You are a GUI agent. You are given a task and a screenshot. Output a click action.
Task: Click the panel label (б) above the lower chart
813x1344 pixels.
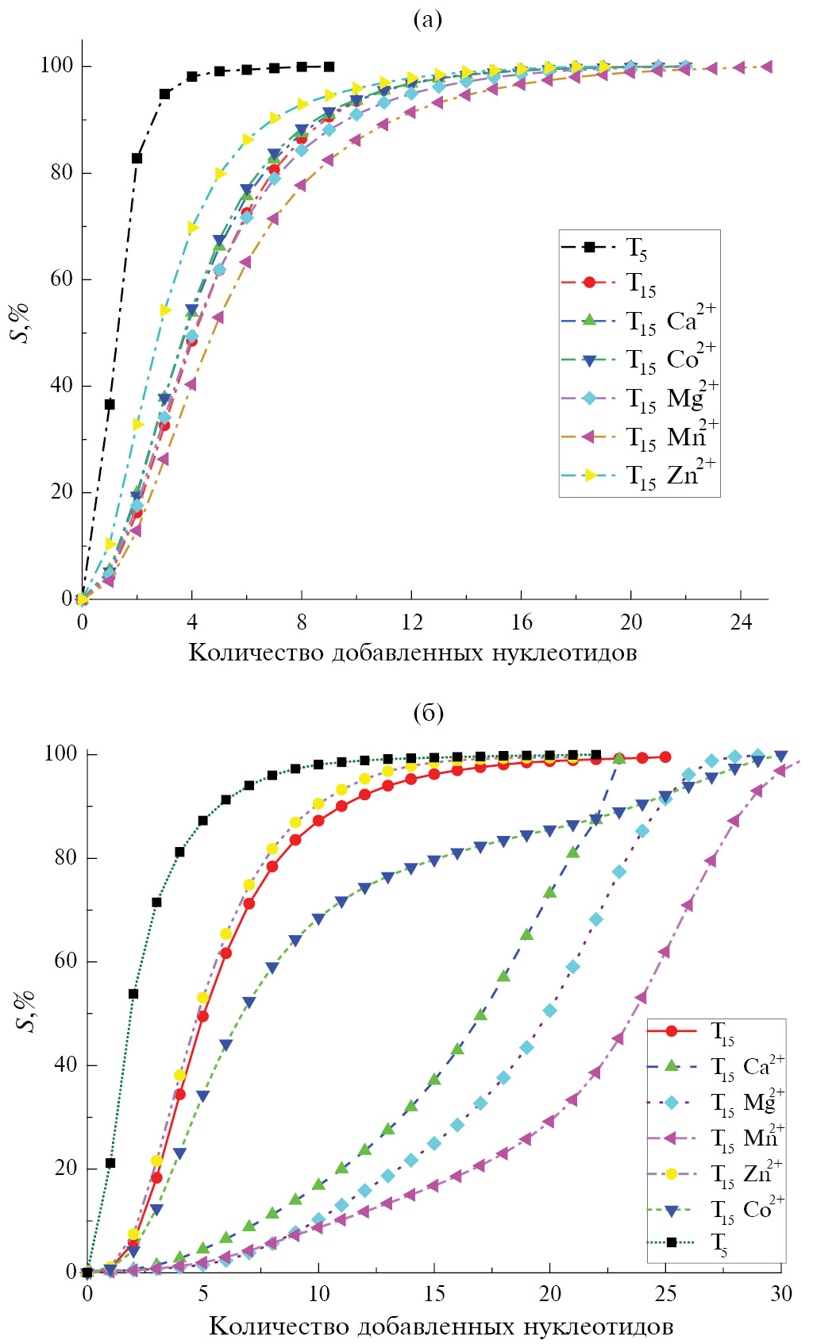coord(428,713)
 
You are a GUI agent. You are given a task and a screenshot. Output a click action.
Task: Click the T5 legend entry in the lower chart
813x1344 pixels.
coord(719,1244)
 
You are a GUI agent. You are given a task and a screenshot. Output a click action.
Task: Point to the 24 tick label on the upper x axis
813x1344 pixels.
coord(741,622)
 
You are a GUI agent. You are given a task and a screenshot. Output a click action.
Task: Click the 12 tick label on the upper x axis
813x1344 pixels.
coord(411,622)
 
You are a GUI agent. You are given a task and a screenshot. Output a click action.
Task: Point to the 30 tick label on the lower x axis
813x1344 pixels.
coord(781,1295)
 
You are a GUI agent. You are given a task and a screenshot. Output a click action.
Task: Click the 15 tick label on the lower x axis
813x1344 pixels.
coord(434,1295)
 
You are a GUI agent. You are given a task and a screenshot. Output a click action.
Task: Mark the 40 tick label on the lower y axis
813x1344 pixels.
coord(60,1065)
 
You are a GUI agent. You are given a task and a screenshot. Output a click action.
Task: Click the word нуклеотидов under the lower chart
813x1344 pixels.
coord(582,1327)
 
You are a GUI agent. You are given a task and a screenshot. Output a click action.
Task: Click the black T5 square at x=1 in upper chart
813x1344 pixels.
coord(110,404)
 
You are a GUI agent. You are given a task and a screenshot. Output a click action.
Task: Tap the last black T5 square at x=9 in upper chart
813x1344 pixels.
coord(329,67)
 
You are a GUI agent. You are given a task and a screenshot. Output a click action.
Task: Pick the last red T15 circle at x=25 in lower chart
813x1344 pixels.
coord(665,757)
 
